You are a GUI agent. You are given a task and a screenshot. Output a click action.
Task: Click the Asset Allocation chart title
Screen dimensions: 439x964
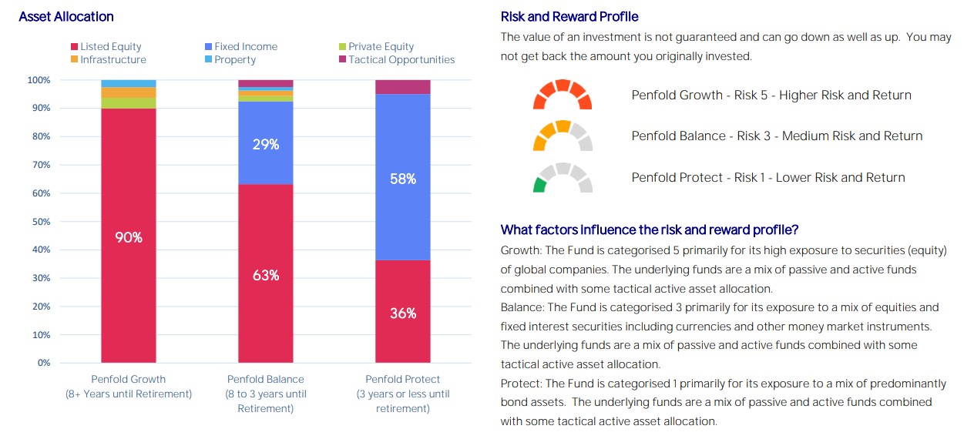click(x=66, y=17)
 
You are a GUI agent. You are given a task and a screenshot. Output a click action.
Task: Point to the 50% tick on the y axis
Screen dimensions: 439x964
click(x=39, y=222)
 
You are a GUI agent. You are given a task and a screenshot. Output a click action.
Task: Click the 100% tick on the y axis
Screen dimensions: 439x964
click(x=39, y=80)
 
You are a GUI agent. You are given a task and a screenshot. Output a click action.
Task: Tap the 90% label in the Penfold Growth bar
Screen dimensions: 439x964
click(x=129, y=238)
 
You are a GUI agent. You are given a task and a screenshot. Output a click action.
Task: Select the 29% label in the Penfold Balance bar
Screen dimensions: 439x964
click(x=265, y=144)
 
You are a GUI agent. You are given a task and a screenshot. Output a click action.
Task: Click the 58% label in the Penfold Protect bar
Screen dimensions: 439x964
click(x=402, y=179)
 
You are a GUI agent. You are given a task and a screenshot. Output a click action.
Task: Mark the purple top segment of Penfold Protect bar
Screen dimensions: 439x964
click(x=402, y=87)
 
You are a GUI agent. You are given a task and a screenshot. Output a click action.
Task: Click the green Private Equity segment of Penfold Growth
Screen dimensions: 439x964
click(x=129, y=103)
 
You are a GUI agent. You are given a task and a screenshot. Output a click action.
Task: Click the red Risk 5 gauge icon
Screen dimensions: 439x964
click(x=563, y=95)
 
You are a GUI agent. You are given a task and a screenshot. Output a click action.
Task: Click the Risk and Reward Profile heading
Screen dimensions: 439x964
click(x=569, y=17)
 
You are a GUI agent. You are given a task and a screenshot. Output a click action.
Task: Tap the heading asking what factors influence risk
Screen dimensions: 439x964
click(x=649, y=230)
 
